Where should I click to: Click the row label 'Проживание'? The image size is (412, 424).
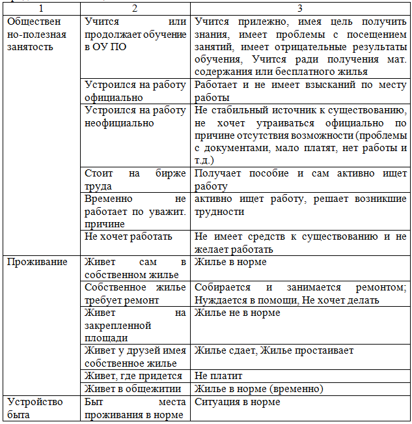[37, 262]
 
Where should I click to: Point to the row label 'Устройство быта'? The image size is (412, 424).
[35, 408]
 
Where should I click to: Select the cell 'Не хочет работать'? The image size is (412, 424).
[128, 236]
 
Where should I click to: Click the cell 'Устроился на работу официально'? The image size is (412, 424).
[135, 91]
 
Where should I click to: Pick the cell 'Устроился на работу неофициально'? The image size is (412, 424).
[135, 117]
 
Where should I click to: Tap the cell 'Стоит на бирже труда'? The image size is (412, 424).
[135, 180]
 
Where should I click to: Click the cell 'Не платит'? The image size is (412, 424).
[219, 376]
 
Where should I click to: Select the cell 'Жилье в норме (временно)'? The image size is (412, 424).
[259, 389]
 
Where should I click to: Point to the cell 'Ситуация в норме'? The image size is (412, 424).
[238, 402]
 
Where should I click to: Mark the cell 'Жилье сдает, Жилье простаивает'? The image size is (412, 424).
[274, 350]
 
